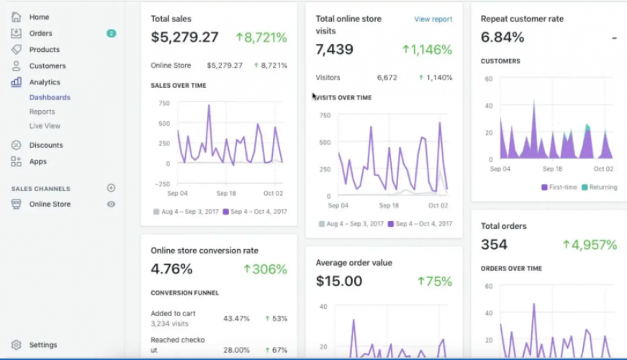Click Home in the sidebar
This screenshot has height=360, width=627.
[x=39, y=17]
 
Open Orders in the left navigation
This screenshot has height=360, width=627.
[x=40, y=33]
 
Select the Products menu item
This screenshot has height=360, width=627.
[x=44, y=50]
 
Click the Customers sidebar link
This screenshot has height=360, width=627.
[x=47, y=66]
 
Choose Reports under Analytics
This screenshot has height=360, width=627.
[x=42, y=112]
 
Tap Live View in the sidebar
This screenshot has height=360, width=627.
[x=45, y=126]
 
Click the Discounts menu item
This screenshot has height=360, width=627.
[x=45, y=145]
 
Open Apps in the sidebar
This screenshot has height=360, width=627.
[x=37, y=162]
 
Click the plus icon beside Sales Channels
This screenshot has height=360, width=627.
[x=111, y=188]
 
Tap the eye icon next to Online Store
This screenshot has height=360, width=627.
[x=111, y=204]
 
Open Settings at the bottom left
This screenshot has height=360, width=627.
[x=42, y=345]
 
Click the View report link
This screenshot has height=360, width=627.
[x=433, y=19]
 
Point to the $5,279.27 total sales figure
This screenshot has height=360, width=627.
[x=184, y=37]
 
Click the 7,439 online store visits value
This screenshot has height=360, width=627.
[x=334, y=50]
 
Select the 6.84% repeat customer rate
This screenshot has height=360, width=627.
[x=502, y=37]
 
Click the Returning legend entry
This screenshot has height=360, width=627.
[x=599, y=187]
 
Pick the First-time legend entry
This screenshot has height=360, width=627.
[x=559, y=187]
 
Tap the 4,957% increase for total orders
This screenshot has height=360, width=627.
[x=590, y=245]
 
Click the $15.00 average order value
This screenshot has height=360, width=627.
[x=338, y=282]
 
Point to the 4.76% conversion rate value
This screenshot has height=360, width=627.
[x=171, y=269]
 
